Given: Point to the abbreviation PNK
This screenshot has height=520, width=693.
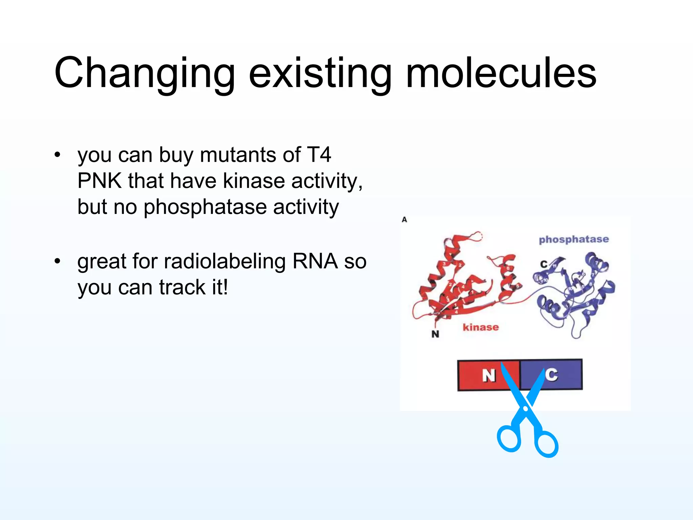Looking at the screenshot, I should (x=99, y=181).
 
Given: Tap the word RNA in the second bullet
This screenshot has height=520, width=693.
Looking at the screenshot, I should (x=315, y=262).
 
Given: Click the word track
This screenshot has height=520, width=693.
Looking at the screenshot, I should (x=182, y=287).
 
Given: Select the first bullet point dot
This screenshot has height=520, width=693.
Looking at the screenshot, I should (x=58, y=155).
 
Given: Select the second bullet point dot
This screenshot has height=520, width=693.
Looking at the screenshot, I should (x=58, y=261).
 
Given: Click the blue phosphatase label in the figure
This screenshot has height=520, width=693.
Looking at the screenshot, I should (x=574, y=239).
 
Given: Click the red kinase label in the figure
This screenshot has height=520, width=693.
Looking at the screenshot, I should (x=480, y=327).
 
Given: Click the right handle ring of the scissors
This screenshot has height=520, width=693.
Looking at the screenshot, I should (x=546, y=444).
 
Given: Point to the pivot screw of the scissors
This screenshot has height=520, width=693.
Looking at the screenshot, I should (x=525, y=409).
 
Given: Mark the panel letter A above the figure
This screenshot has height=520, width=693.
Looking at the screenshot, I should (x=404, y=220).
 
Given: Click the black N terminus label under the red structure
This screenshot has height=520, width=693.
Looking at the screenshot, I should (x=435, y=334).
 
